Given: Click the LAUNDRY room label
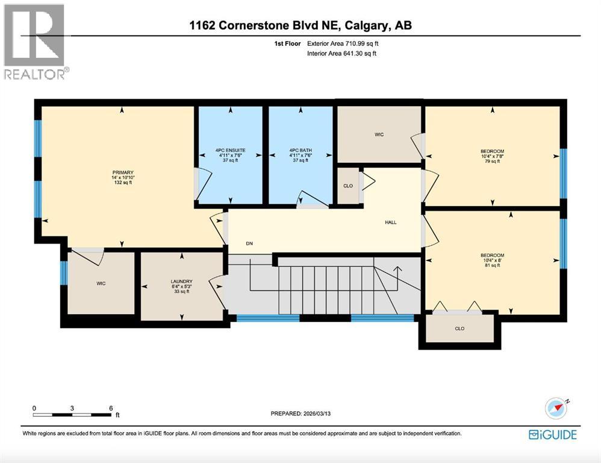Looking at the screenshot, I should (181, 286).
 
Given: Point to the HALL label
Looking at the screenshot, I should (391, 222).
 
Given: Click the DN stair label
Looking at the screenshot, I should (249, 244).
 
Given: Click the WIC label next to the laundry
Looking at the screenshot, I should (101, 283).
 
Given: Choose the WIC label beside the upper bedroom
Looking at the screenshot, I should (379, 134).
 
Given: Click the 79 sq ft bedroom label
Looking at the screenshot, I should (492, 156).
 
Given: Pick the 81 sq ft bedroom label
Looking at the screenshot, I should (492, 260).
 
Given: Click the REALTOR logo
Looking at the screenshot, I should (35, 42).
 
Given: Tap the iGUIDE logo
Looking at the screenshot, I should (552, 435).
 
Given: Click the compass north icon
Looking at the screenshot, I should (556, 408).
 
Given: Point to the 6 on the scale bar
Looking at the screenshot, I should (110, 408).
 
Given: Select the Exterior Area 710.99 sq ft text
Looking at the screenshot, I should (343, 43).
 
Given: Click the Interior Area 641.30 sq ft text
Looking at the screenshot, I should (342, 54).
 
